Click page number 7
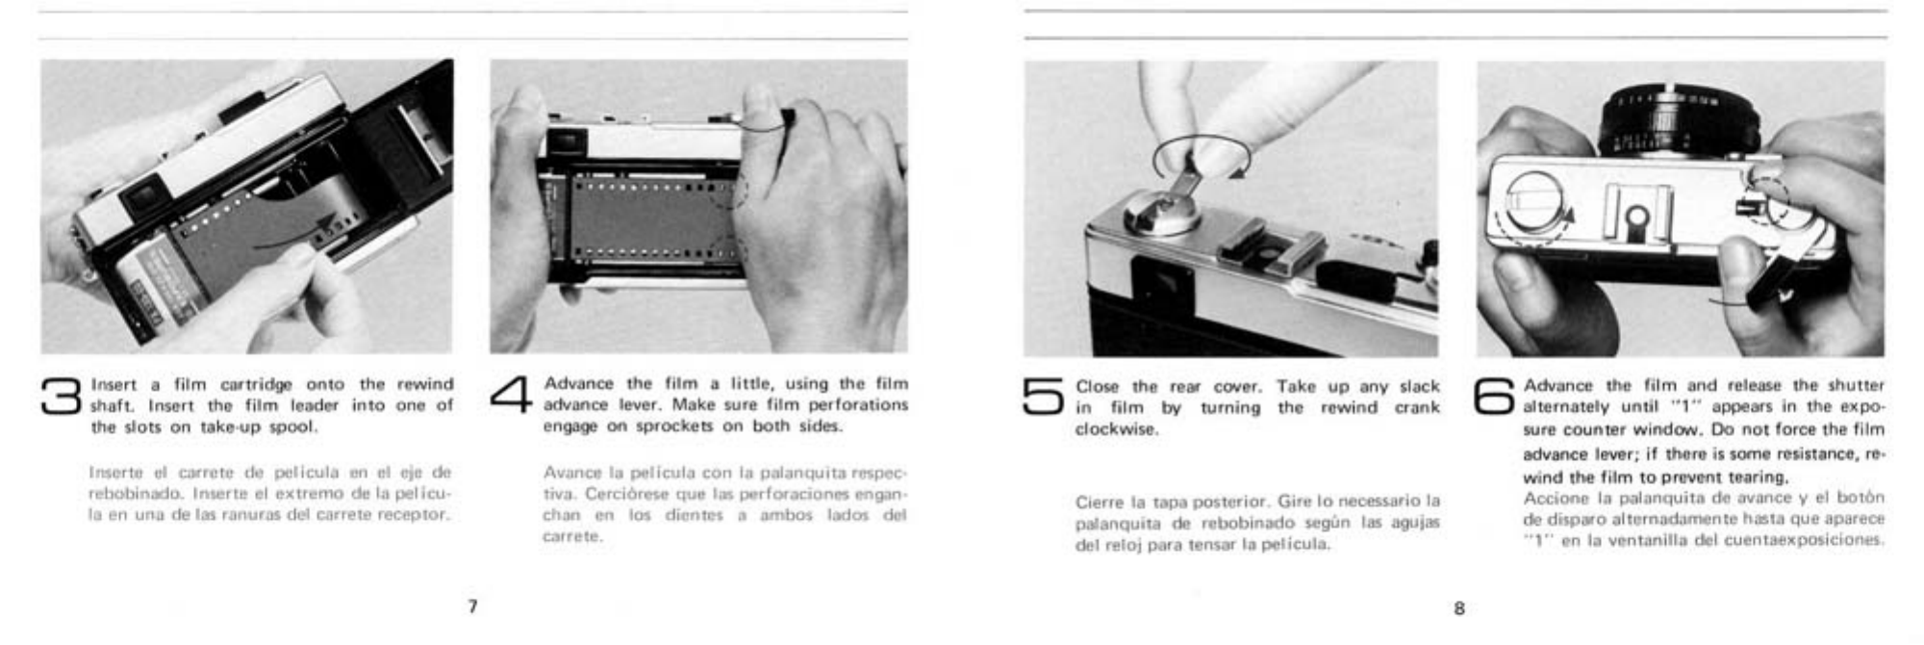coord(472,606)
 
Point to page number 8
coord(1459,608)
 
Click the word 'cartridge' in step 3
coord(256,385)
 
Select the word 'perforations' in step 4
coord(858,405)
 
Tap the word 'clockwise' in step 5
coord(1116,429)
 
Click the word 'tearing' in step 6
coord(1757,477)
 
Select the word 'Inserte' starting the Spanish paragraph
coord(115,473)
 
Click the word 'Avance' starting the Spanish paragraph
coord(570,473)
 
